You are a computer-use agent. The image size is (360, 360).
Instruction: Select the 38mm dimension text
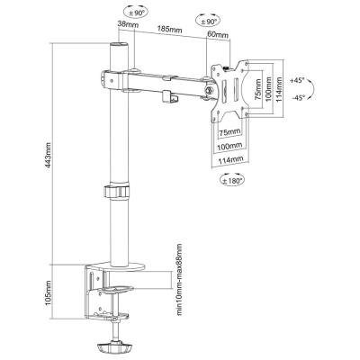pos(128,24)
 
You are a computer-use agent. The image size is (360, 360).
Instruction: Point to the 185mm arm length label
pos(170,30)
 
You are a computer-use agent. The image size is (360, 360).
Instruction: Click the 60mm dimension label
pos(218,34)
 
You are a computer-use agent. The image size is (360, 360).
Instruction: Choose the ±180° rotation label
pos(232,181)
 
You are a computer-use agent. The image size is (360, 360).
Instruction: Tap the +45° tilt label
pos(297,80)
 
